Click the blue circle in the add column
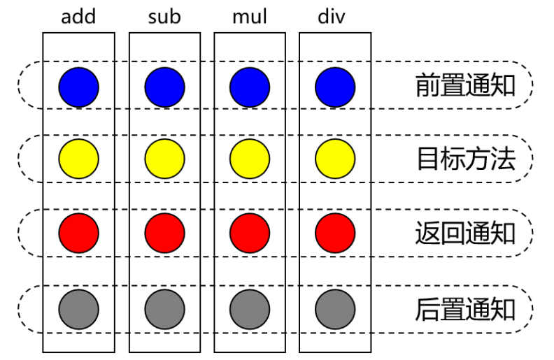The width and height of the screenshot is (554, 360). pyautogui.click(x=79, y=87)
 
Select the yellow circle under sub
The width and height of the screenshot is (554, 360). pyautogui.click(x=164, y=159)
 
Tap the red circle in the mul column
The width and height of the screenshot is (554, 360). pyautogui.click(x=250, y=232)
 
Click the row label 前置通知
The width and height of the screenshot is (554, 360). pyautogui.click(x=465, y=86)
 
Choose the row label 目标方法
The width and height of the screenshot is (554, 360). pyautogui.click(x=465, y=159)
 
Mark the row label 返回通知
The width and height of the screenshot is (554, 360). pyautogui.click(x=465, y=232)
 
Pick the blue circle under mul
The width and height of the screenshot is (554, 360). pyautogui.click(x=250, y=87)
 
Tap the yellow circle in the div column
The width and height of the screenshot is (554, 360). pyautogui.click(x=335, y=159)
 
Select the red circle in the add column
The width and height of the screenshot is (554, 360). pyautogui.click(x=79, y=232)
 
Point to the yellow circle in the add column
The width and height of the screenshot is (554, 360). pyautogui.click(x=79, y=159)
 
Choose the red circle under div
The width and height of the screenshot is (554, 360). pyautogui.click(x=335, y=232)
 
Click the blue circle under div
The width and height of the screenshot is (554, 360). pyautogui.click(x=335, y=87)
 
